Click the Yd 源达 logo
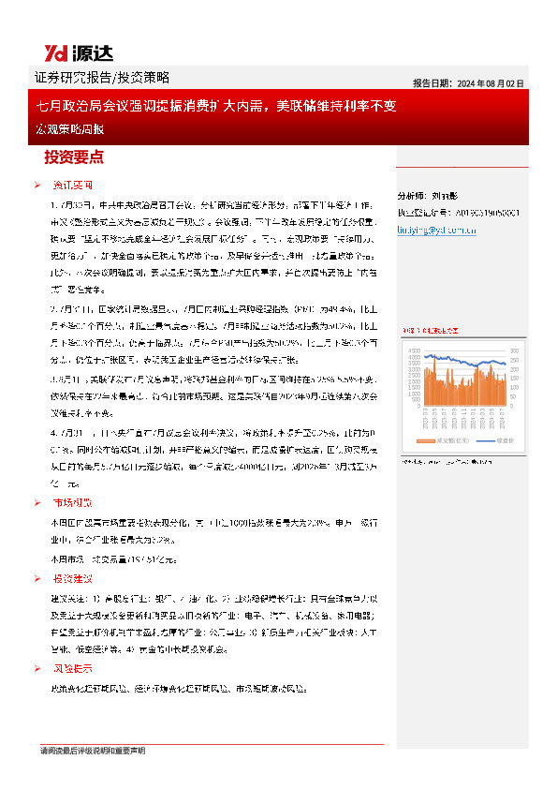66,52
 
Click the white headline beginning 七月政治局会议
215,106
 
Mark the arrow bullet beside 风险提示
36,668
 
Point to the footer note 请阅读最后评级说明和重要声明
93,751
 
